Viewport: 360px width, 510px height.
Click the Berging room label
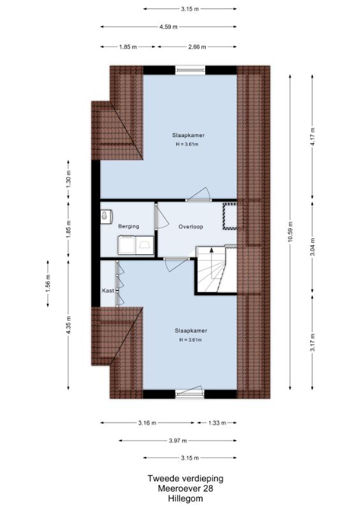point(129,226)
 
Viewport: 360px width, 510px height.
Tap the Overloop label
point(191,227)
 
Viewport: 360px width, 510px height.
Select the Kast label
point(108,291)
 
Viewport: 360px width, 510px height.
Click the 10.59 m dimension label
point(291,231)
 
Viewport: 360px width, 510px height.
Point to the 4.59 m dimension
point(168,27)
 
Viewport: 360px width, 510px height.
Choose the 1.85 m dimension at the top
point(128,47)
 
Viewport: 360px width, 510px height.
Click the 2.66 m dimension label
point(197,47)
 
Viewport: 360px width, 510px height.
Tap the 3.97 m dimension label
point(178,441)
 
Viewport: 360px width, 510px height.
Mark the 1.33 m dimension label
point(217,423)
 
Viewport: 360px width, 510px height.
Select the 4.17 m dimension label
point(313,136)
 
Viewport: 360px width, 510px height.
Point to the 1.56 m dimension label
point(48,284)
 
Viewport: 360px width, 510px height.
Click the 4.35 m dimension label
point(68,325)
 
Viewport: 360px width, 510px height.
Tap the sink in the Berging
point(106,216)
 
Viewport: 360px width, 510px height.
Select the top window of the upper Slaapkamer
point(191,69)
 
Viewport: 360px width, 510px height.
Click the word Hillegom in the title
point(185,499)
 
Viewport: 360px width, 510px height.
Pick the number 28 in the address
point(208,488)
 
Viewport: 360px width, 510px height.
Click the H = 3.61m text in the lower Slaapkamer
point(191,340)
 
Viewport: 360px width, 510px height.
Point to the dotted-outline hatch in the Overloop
point(230,216)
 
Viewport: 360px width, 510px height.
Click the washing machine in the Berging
point(128,245)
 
